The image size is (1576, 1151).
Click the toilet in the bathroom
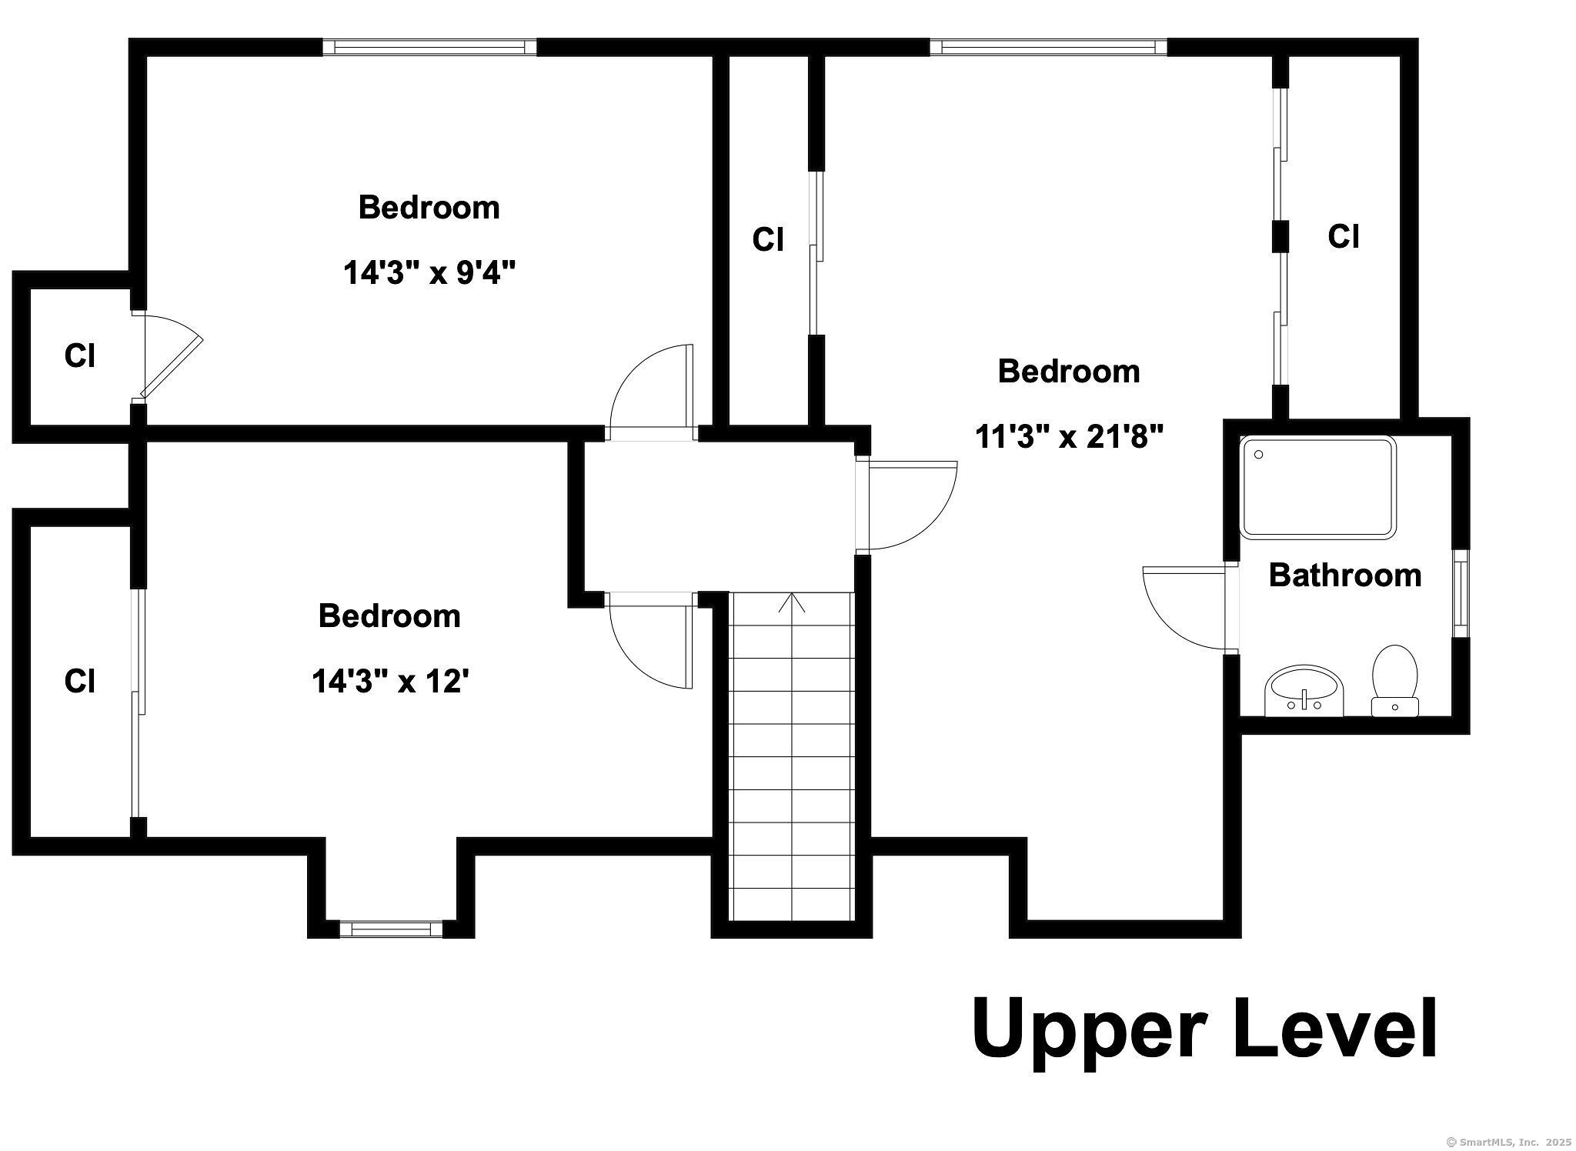tap(1395, 680)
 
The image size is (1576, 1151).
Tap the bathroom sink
tap(1304, 690)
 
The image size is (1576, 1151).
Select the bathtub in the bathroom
tap(1317, 487)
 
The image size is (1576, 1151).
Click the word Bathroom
tap(1344, 575)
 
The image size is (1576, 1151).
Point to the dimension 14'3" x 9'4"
tap(429, 272)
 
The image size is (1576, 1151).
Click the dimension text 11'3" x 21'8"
tap(1069, 436)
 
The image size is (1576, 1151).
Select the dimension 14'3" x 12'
tap(390, 681)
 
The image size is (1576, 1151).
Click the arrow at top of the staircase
tap(792, 602)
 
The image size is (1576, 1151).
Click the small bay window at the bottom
tap(391, 929)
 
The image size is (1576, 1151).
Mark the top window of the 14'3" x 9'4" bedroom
tap(429, 47)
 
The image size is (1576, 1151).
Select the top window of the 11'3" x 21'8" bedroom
tap(1048, 47)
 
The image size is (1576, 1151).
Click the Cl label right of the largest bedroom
tap(1343, 236)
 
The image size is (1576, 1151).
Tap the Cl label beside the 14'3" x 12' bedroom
tap(79, 681)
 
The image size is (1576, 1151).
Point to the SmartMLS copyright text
tap(1509, 1142)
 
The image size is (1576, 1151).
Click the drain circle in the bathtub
tap(1259, 455)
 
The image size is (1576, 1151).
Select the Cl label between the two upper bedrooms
tap(768, 239)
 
